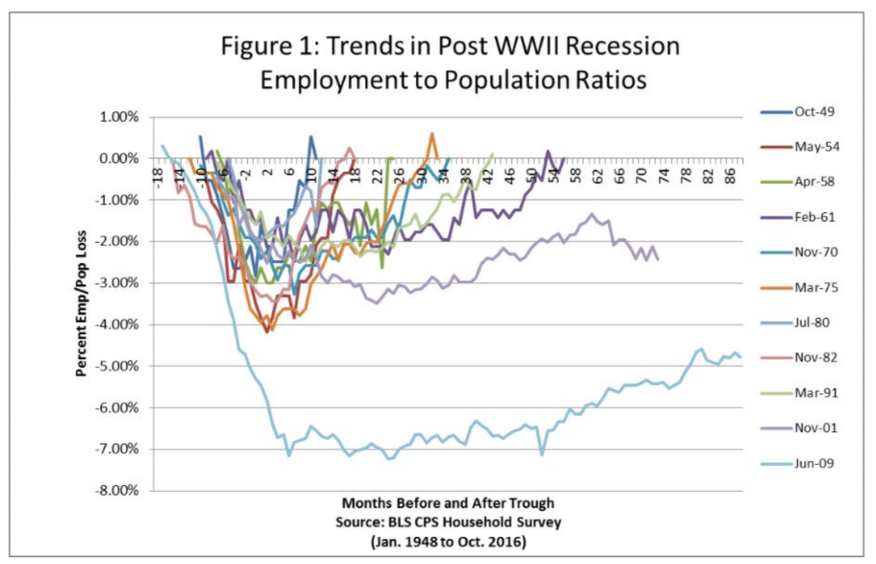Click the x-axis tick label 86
point(732,177)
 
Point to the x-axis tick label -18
point(157,177)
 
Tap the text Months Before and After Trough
point(447,503)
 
